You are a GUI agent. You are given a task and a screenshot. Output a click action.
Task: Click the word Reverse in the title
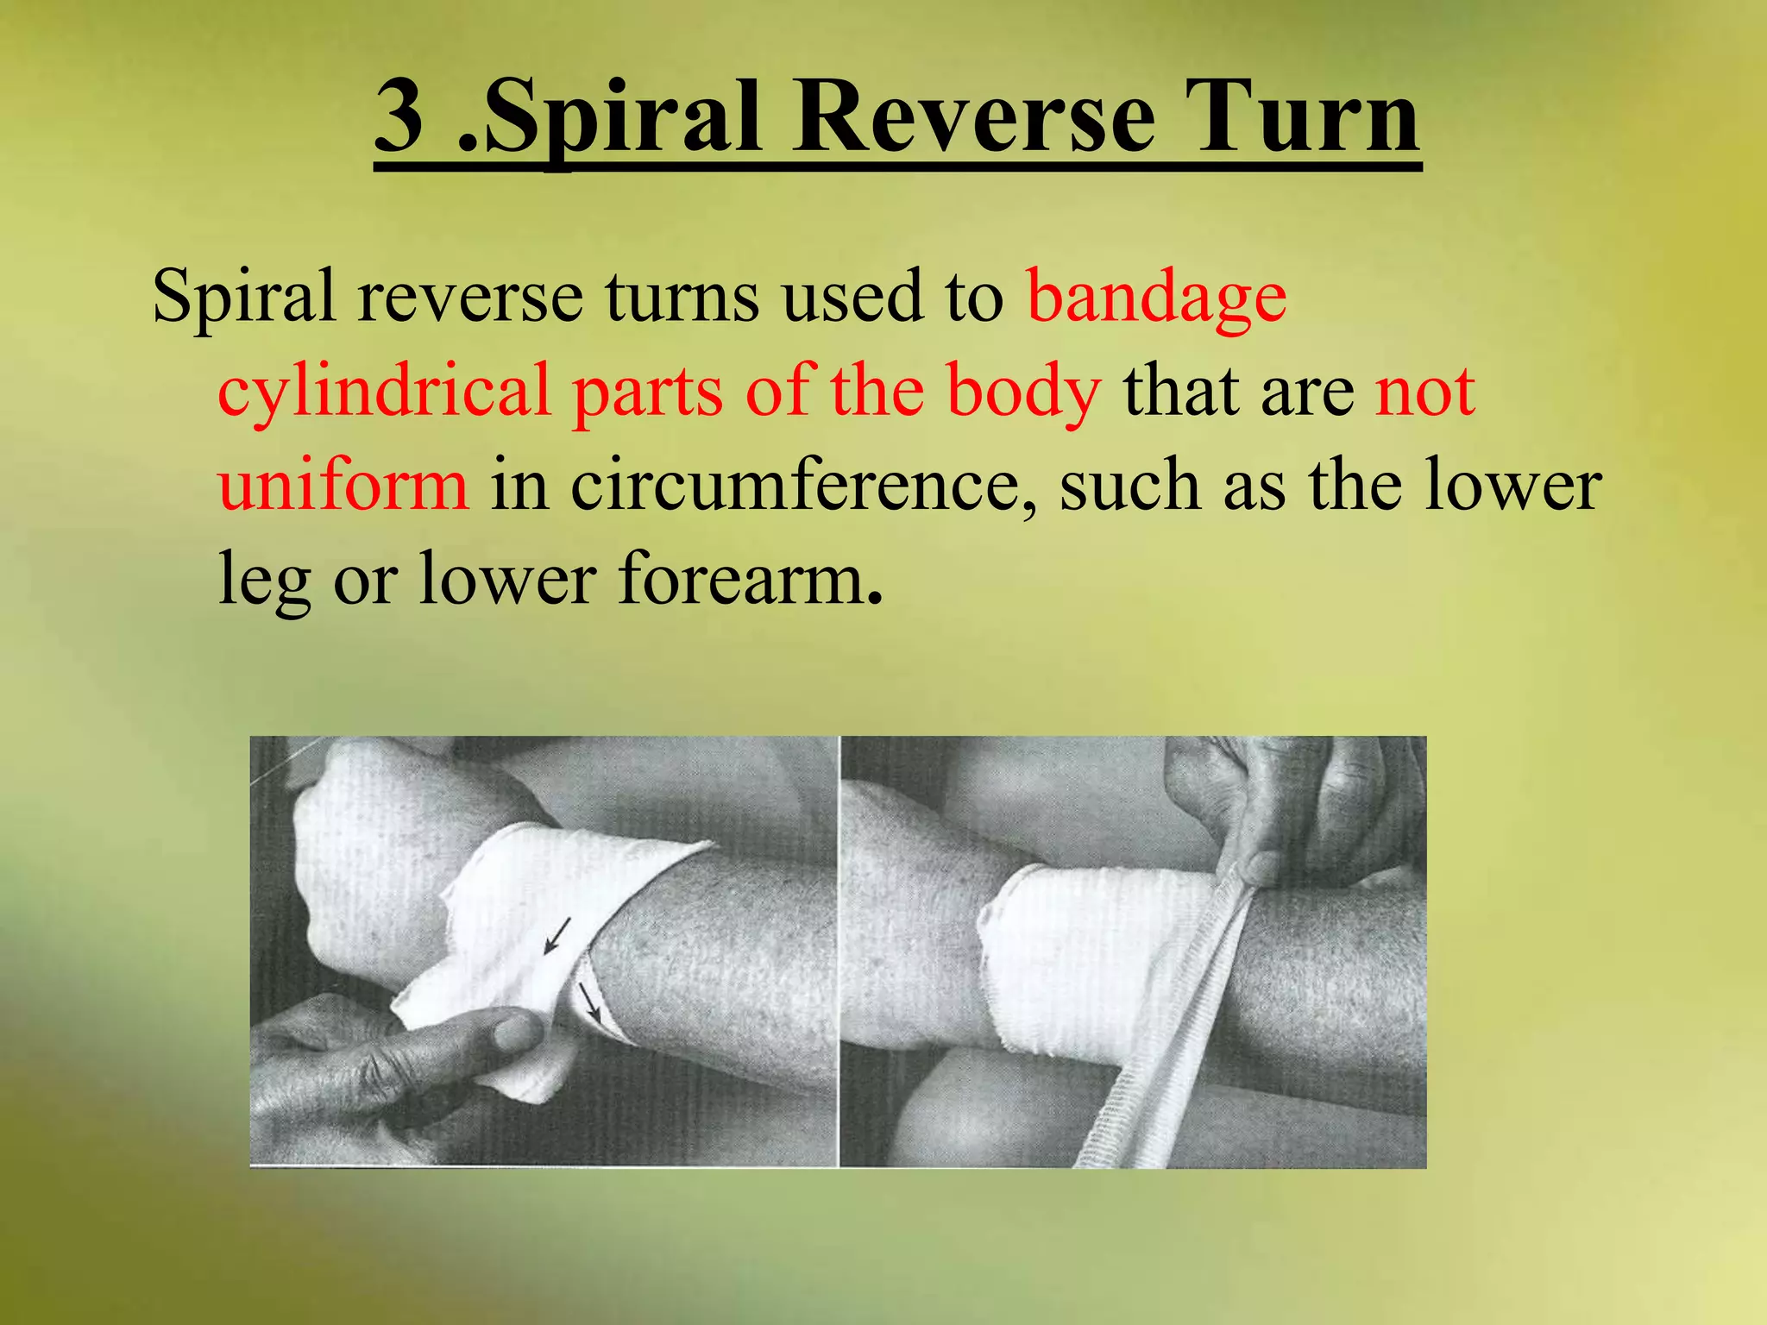coord(974,116)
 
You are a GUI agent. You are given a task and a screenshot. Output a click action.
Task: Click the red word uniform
coord(343,485)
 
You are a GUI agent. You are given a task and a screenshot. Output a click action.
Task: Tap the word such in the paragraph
coord(1130,485)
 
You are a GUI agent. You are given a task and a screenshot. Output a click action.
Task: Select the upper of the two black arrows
coord(557,937)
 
